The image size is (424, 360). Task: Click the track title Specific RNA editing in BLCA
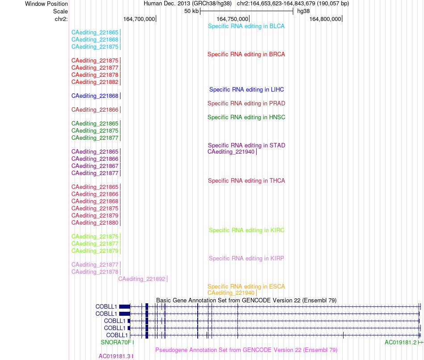pyautogui.click(x=246, y=26)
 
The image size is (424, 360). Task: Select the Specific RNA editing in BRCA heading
pyautogui.click(x=246, y=54)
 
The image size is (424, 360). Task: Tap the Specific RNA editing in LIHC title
pyautogui.click(x=246, y=90)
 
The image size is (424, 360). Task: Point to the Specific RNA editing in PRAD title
pyautogui.click(x=246, y=103)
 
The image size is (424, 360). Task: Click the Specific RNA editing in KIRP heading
pyautogui.click(x=246, y=259)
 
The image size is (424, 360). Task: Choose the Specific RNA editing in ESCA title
pyautogui.click(x=246, y=287)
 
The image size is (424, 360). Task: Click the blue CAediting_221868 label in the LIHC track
pyautogui.click(x=95, y=96)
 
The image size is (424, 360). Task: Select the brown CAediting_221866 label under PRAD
pyautogui.click(x=95, y=109)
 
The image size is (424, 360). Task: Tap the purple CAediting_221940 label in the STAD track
pyautogui.click(x=231, y=152)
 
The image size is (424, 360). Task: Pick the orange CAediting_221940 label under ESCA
pyautogui.click(x=231, y=293)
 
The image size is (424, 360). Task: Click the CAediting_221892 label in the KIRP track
pyautogui.click(x=141, y=279)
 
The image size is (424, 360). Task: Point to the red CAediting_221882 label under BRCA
pyautogui.click(x=95, y=82)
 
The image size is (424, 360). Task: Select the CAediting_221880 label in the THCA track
pyautogui.click(x=95, y=223)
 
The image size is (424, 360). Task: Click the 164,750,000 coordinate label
pyautogui.click(x=232, y=19)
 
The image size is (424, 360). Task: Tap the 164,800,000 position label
pyautogui.click(x=325, y=19)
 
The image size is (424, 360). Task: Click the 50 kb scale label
pyautogui.click(x=191, y=11)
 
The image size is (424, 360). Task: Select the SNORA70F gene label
pyautogui.click(x=116, y=343)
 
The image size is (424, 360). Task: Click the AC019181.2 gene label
pyautogui.click(x=400, y=343)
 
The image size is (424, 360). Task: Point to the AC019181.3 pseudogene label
pyautogui.click(x=114, y=356)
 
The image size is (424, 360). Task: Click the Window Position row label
pyautogui.click(x=46, y=4)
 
